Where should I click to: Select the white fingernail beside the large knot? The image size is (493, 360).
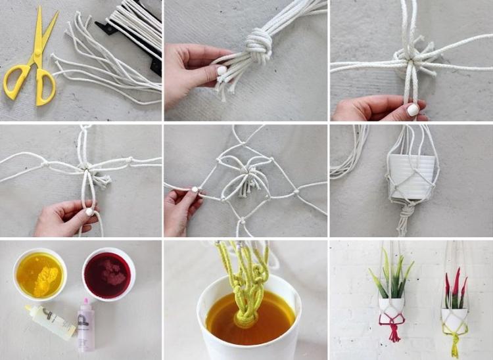(x=222, y=70)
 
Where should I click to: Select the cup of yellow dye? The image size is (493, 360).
(x=40, y=272)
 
